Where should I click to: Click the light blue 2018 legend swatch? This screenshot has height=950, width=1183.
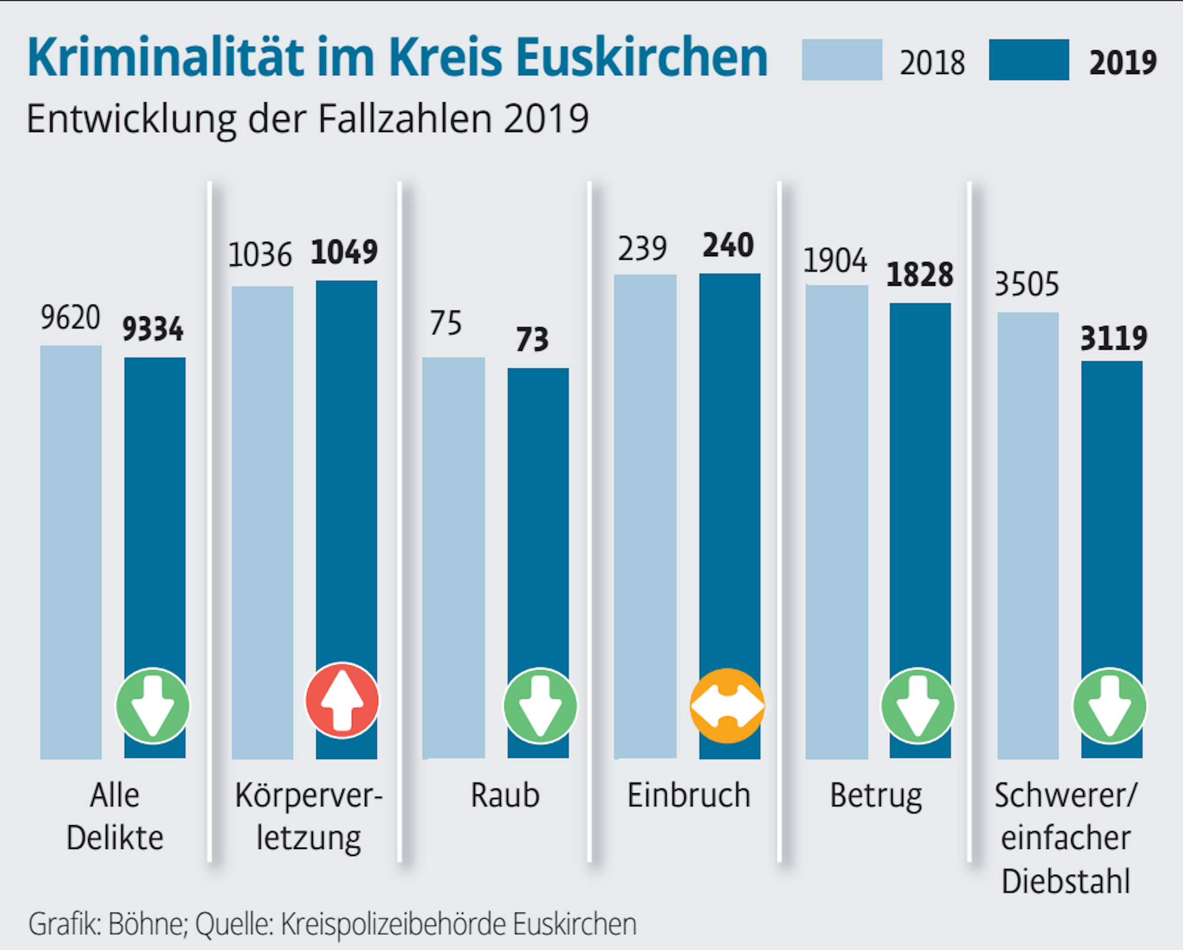[842, 60]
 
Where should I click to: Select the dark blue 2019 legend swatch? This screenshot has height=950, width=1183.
[1029, 60]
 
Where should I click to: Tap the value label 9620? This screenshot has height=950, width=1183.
[70, 318]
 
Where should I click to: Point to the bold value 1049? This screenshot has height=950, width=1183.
[344, 252]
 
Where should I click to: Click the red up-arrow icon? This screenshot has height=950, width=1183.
[342, 700]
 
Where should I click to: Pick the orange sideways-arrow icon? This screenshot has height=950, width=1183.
[727, 706]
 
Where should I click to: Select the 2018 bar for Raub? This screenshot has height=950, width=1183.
[454, 556]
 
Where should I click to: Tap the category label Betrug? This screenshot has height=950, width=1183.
[875, 796]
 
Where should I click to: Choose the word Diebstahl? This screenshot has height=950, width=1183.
[1065, 881]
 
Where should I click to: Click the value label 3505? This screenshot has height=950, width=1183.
[1026, 285]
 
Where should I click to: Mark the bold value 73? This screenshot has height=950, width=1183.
[532, 340]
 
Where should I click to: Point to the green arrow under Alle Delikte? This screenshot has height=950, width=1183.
[153, 706]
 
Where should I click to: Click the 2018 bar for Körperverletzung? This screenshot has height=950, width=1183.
[262, 521]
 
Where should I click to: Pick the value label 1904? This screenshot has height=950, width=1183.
[835, 261]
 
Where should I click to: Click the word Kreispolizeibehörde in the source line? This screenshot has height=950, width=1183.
[393, 924]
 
